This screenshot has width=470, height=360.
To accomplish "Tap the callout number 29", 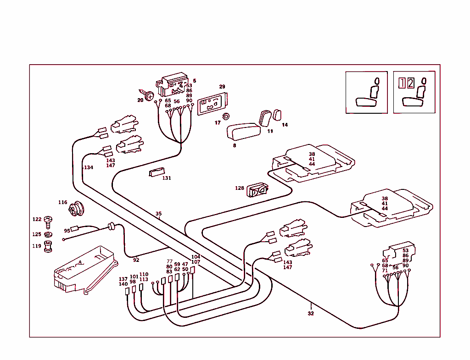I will (222, 87).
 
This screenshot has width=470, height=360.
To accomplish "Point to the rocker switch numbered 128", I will (257, 190).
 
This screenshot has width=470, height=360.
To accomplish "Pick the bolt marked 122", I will (48, 222).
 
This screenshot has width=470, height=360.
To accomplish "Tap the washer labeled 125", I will (48, 235).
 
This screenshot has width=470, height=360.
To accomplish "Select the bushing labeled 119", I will (48, 247).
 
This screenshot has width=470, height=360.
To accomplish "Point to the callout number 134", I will (88, 167).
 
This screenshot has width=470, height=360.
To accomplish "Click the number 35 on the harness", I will (158, 214).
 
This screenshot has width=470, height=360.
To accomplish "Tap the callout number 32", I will (311, 314).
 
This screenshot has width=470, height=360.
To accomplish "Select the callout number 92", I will (136, 260).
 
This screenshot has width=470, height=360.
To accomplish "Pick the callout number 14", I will (285, 125).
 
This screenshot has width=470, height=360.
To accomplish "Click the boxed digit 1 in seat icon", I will (402, 83).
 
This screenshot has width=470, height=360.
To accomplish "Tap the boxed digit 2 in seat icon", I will (410, 83).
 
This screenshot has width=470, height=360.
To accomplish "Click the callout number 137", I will (123, 279).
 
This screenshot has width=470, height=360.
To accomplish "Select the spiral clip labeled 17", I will (225, 116).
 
